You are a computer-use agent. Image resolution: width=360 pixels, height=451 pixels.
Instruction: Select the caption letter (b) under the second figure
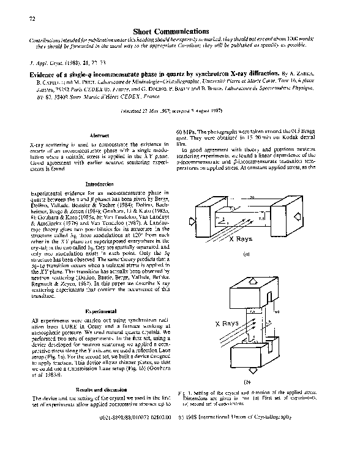point(263,381)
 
